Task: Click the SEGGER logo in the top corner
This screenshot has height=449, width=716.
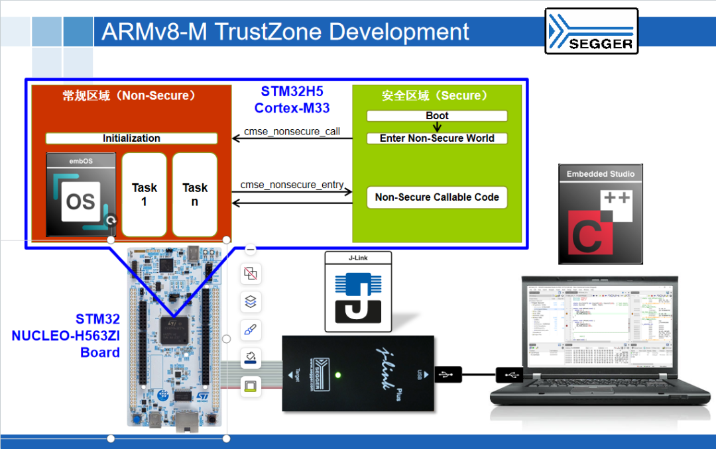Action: [x=591, y=30]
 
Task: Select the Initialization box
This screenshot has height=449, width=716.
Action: [x=131, y=138]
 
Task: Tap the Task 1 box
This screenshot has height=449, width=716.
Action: [x=144, y=195]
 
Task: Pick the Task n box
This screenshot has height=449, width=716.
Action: [x=195, y=195]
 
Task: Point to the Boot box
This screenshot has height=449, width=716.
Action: [x=437, y=116]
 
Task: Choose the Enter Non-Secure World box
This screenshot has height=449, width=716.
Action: [x=437, y=138]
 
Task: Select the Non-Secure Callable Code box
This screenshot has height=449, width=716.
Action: [x=437, y=197]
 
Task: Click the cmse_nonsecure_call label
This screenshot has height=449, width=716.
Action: [x=292, y=131]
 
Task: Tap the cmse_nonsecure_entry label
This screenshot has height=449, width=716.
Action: [x=292, y=185]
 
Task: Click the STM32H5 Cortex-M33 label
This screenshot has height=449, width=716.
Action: [x=292, y=99]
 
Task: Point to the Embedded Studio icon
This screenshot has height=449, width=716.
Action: [x=601, y=214]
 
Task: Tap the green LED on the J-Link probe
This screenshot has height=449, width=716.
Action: [x=338, y=376]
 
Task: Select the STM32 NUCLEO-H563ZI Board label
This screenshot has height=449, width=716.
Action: [x=66, y=336]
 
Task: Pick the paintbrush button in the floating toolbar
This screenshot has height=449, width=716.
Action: [x=251, y=330]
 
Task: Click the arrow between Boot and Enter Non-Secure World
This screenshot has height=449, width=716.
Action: [x=437, y=127]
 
